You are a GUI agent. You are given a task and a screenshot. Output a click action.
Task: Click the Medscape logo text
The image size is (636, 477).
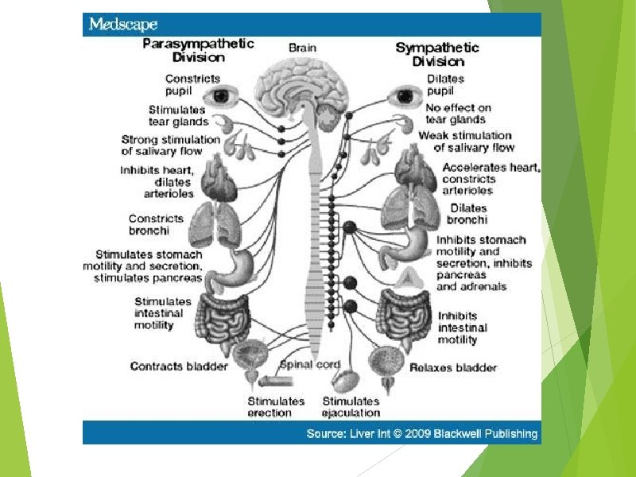pos(123,24)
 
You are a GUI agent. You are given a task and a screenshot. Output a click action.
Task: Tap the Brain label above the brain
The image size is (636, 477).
pos(302,48)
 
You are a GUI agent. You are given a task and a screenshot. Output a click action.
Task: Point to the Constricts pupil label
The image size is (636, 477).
pos(181,84)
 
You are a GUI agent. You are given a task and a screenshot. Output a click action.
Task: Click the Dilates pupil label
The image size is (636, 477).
pos(445,84)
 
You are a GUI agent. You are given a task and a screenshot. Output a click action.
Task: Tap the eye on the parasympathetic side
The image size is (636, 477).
pos(217,96)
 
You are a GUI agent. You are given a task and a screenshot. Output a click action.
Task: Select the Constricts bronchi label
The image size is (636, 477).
pos(156,224)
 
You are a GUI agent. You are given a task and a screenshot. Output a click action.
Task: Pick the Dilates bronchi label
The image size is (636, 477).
pos(467,214)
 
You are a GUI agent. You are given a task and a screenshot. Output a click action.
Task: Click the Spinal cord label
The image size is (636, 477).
pos(311,365)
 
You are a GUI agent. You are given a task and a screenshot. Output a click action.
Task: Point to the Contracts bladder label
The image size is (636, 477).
pos(179,366)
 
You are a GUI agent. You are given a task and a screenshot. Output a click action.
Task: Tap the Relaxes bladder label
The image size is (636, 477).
pos(453,367)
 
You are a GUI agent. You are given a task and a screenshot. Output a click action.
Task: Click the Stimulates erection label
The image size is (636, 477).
pos(276,407)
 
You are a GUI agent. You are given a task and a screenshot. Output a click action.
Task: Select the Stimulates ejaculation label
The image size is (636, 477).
pos(351,407)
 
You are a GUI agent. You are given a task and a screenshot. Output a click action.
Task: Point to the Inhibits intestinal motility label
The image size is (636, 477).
pos(462,328)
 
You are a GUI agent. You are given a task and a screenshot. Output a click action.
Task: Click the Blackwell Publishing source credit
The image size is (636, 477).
pos(422,433)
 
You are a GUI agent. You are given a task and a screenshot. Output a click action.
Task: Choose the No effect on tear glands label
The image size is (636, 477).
pos(458,114)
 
